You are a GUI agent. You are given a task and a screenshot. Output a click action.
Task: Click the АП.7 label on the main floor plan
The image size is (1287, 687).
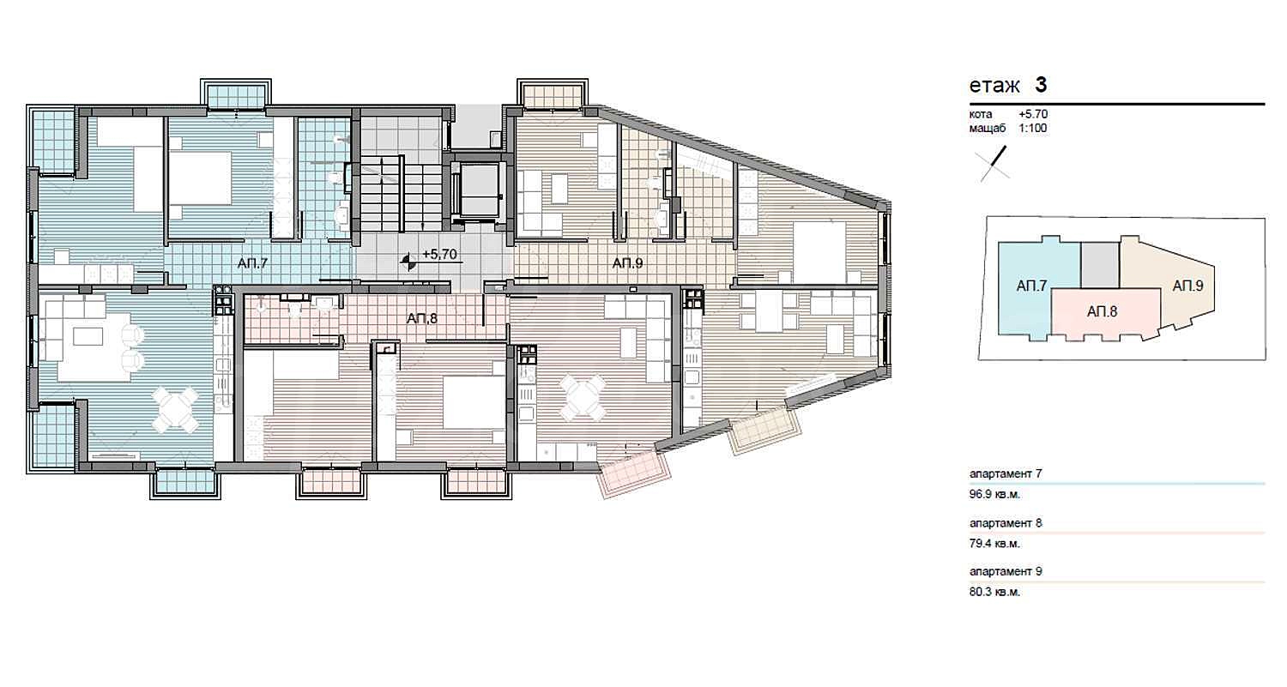(253, 263)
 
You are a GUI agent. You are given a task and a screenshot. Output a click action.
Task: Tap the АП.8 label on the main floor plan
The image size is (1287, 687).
(422, 318)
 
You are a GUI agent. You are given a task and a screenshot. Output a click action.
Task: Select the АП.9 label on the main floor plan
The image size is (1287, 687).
(627, 263)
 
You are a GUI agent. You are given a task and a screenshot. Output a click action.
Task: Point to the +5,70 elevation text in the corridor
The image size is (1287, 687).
(439, 254)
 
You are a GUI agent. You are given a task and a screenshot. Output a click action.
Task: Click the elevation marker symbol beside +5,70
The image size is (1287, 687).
(409, 262)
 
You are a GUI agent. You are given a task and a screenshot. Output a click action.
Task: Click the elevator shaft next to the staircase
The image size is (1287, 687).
(478, 190)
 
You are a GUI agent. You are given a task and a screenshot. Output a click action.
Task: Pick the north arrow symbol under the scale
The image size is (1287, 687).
(994, 164)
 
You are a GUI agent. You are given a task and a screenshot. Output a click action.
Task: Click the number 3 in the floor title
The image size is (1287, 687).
(1041, 85)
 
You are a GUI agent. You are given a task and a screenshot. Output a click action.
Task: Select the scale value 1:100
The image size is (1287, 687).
(1033, 129)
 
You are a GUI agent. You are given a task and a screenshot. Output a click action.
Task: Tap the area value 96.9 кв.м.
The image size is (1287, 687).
(994, 495)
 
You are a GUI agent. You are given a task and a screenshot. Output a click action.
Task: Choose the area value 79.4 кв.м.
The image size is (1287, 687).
(994, 544)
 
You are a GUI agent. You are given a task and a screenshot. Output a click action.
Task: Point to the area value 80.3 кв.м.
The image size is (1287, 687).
(994, 592)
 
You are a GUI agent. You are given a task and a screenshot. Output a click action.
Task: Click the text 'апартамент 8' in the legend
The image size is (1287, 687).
(1006, 523)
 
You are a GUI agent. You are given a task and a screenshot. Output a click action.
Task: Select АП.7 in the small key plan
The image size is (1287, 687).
(1031, 286)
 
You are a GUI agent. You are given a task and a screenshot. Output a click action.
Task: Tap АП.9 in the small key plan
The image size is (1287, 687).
(1187, 286)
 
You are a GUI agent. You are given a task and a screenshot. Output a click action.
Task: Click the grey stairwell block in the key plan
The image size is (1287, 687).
(1100, 265)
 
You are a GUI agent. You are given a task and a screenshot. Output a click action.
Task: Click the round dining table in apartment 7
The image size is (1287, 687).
(176, 410)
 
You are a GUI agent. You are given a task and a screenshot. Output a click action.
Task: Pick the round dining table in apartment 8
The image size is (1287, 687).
(583, 397)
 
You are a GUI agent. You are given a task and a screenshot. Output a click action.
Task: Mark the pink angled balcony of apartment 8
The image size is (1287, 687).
(634, 474)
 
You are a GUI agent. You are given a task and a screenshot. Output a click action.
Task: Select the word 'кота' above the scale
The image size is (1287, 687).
(981, 114)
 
